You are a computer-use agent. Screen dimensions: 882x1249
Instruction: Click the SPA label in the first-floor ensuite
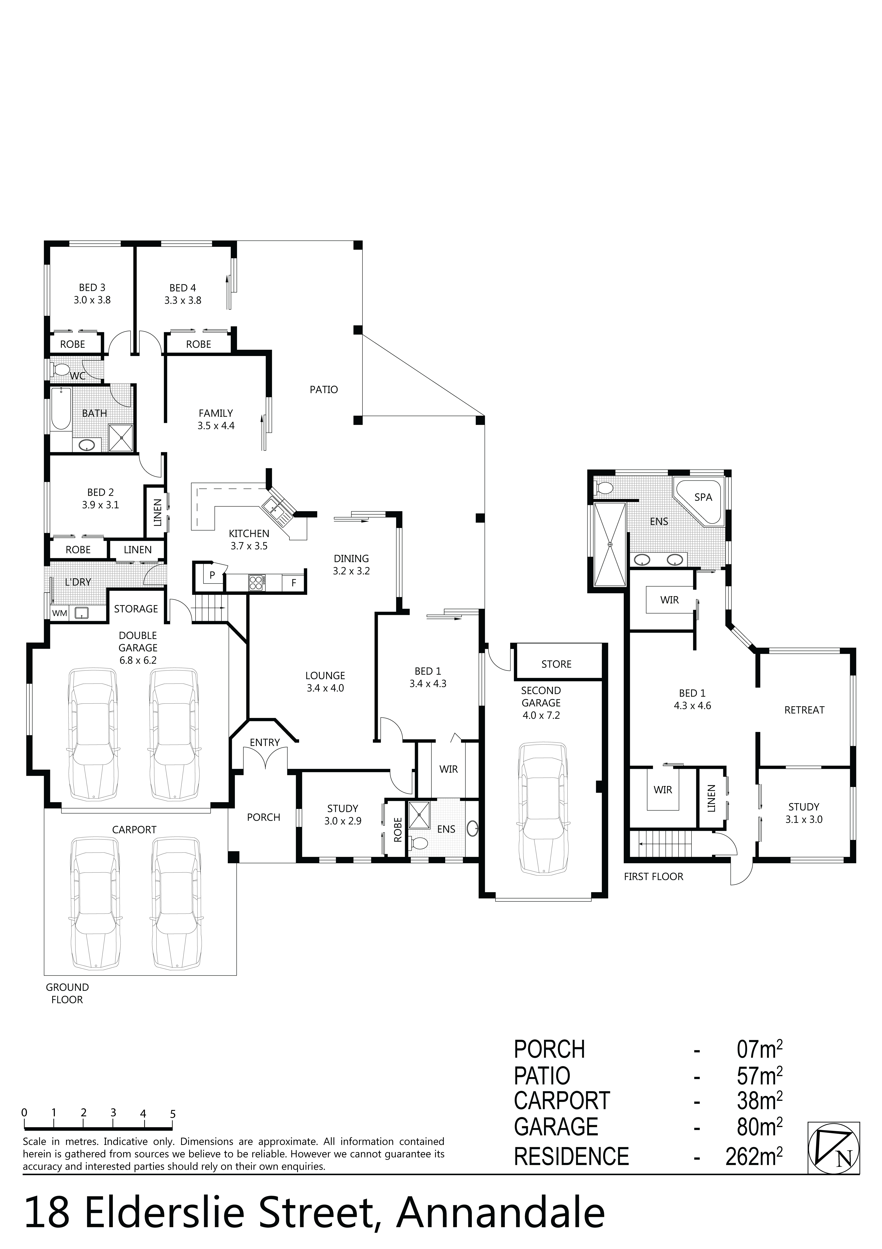[703, 497]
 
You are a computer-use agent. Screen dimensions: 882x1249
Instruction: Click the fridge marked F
[294, 583]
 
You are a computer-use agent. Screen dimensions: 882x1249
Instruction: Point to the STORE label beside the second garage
[556, 664]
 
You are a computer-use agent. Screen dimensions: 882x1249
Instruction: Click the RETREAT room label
[804, 710]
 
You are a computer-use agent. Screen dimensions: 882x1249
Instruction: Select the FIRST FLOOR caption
[653, 876]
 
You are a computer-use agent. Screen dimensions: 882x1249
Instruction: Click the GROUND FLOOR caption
[67, 993]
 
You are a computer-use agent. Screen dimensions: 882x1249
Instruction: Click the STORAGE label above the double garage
[136, 609]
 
